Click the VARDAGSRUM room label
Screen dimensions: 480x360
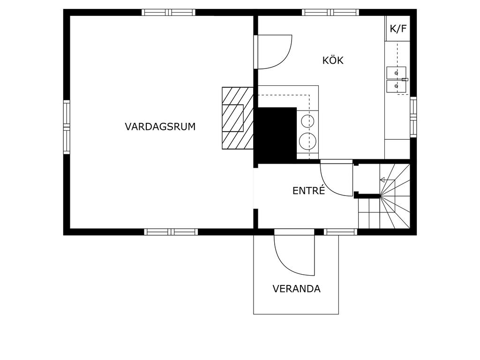point(160,127)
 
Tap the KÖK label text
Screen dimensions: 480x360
point(333,60)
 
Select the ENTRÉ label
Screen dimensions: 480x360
point(308,190)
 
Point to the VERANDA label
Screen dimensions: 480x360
point(296,289)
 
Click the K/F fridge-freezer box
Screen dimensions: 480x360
point(397,29)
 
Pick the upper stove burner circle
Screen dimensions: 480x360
point(307,121)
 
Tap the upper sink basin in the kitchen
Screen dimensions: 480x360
point(396,73)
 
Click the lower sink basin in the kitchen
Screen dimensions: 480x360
point(396,86)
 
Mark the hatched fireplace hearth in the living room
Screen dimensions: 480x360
point(238,118)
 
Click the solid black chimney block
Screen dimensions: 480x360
point(277,134)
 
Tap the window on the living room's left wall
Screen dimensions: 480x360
point(67,127)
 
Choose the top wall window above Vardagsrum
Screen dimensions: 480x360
point(168,12)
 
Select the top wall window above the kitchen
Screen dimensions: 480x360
point(330,12)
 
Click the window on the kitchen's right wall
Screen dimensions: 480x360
point(413,117)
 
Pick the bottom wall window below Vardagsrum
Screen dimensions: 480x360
point(171,232)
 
